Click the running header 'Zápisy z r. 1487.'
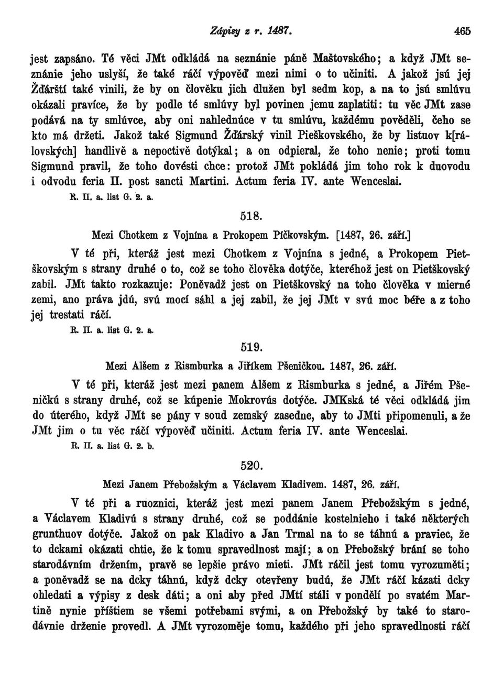[253, 31]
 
